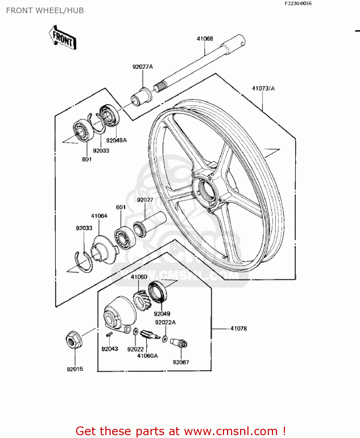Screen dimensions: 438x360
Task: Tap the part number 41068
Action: (x=205, y=39)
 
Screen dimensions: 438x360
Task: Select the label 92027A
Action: (x=143, y=67)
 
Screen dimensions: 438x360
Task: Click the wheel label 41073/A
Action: (x=263, y=88)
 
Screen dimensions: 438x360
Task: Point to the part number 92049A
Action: (x=116, y=140)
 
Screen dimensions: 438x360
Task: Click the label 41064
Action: (x=99, y=216)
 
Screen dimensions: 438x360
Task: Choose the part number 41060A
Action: (x=147, y=356)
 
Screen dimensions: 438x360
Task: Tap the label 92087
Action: (x=181, y=362)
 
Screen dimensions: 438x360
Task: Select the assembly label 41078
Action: (x=239, y=328)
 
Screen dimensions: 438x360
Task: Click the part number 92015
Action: (x=75, y=369)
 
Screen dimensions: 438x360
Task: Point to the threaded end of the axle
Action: (x=160, y=86)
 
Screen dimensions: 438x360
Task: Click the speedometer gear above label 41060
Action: (x=142, y=300)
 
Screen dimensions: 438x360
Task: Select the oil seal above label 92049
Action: (x=157, y=292)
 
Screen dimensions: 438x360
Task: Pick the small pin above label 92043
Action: (x=109, y=335)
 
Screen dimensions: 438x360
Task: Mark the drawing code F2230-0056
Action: (x=298, y=4)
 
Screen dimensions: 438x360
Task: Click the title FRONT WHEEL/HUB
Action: (x=45, y=11)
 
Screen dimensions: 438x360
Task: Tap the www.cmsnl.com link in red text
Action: (x=231, y=431)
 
